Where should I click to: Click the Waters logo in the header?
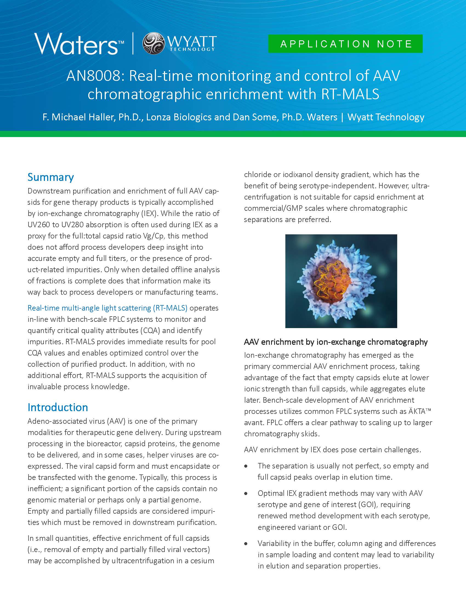79,44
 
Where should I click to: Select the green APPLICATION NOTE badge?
345,44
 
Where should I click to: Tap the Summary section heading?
50,177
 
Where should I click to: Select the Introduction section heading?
58,407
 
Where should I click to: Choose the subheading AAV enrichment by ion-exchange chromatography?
336,342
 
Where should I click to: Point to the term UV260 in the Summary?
39,225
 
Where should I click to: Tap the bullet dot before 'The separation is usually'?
246,466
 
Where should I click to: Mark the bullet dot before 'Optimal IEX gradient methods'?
246,493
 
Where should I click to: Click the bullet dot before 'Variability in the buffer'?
246,544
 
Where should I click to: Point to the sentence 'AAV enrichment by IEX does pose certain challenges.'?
333,450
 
